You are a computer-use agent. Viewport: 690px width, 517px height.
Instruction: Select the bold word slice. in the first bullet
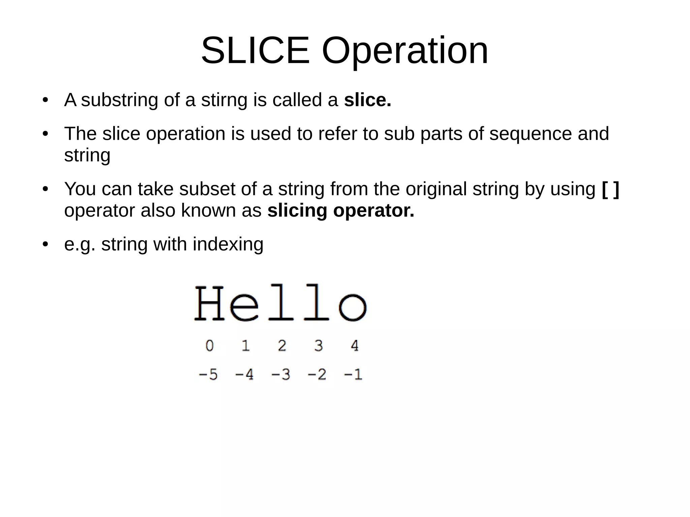click(368, 100)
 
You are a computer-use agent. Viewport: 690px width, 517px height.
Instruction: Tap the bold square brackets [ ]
click(610, 189)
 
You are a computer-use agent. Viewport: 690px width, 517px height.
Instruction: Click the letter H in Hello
click(209, 303)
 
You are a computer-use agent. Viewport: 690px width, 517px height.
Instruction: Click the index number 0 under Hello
click(210, 346)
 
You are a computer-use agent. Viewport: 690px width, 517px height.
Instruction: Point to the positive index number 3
click(318, 346)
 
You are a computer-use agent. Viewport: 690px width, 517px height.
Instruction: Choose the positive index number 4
click(354, 346)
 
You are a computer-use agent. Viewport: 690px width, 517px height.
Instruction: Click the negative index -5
click(208, 375)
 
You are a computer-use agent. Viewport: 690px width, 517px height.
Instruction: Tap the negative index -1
click(353, 375)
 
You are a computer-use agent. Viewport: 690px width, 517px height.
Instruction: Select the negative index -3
click(281, 375)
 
